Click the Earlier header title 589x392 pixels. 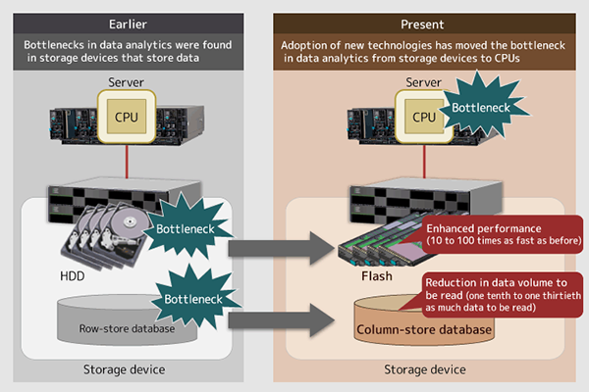[x=128, y=24]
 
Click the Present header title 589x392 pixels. [x=422, y=24]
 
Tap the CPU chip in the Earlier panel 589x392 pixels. [x=127, y=117]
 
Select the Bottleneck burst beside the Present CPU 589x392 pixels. [x=483, y=107]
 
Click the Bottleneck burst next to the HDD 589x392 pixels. [x=187, y=227]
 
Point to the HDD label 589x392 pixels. [x=72, y=276]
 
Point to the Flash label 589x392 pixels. [x=377, y=276]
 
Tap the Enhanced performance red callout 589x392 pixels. [x=503, y=234]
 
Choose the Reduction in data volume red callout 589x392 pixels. [x=502, y=295]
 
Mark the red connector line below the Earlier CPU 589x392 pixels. [x=127, y=162]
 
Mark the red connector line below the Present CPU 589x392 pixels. [x=424, y=162]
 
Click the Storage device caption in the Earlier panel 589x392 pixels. [x=124, y=369]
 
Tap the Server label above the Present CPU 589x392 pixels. [x=423, y=82]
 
